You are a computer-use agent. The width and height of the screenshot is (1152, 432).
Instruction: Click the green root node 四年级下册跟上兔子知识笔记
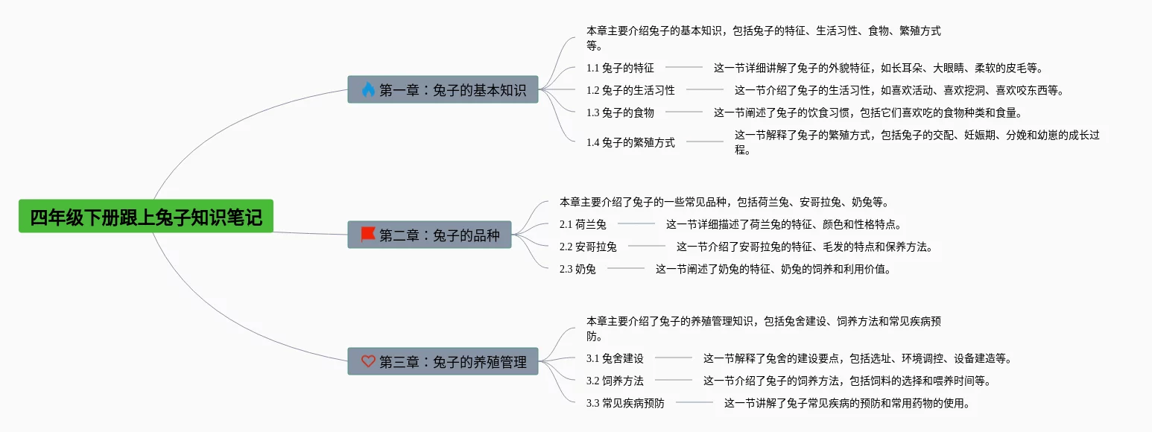[146, 217]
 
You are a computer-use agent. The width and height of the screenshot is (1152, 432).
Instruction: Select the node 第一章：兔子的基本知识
[443, 90]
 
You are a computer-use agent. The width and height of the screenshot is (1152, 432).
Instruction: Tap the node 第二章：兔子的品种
[429, 235]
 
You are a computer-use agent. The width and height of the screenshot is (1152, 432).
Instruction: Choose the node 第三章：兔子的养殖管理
[443, 361]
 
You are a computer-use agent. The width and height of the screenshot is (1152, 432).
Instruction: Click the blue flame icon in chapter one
[368, 90]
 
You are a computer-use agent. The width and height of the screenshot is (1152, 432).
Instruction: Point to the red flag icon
[368, 235]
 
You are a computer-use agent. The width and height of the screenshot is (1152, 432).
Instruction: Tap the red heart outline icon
[368, 361]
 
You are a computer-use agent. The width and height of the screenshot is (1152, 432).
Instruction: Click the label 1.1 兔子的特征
[620, 68]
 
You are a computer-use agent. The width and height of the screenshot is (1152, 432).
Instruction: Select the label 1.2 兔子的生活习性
[630, 90]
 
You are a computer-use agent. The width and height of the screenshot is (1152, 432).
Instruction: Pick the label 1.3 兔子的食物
[620, 112]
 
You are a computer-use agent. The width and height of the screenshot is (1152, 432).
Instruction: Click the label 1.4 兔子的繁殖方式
[630, 142]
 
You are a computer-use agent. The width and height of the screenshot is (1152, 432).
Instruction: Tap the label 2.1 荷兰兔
[583, 224]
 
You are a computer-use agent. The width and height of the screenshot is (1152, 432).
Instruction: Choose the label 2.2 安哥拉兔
[588, 247]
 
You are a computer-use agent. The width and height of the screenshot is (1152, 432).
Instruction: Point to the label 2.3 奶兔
[577, 269]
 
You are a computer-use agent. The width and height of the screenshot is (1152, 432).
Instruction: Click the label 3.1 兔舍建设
[615, 358]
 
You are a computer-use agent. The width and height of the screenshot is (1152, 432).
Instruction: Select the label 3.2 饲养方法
[615, 381]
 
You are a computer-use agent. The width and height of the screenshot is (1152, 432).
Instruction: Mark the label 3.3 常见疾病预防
[625, 403]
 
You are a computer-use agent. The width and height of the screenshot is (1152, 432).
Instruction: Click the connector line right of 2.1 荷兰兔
[636, 224]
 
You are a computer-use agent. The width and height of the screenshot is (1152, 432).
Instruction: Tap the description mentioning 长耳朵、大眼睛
[877, 68]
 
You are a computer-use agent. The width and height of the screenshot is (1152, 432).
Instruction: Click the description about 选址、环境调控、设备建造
[857, 358]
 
